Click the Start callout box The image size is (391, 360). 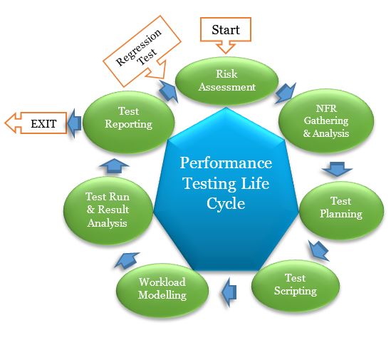225,30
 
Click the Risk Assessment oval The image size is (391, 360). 226,81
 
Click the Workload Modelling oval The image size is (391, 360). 162,288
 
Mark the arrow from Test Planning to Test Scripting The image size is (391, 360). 318,249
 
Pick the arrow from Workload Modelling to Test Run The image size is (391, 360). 122,260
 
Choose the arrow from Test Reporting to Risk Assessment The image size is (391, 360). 169,90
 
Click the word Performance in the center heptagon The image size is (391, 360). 225,163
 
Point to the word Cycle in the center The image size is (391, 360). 226,202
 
